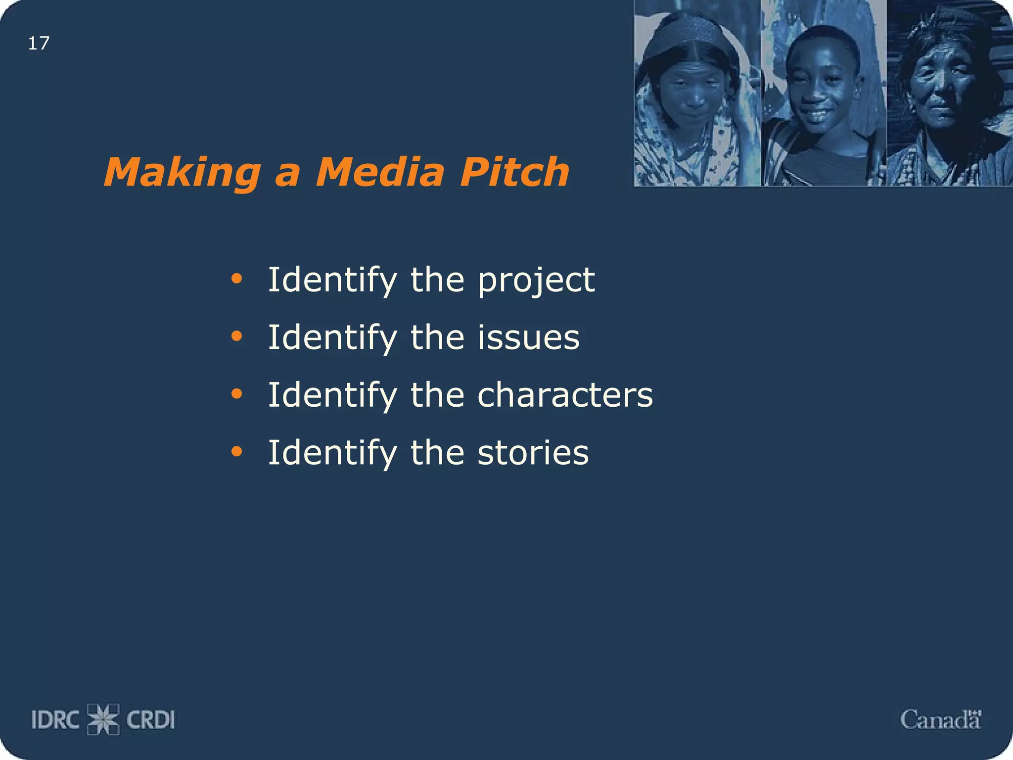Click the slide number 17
coord(39,44)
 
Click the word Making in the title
coord(182,172)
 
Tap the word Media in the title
coord(380,172)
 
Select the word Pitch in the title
coord(514,172)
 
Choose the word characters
coord(565,395)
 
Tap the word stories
coord(533,452)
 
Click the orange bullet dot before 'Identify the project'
coord(237,279)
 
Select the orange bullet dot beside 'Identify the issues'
coord(237,336)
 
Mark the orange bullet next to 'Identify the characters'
coord(237,394)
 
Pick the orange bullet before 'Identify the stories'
coord(237,451)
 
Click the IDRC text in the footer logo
coord(55,720)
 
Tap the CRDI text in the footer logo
coord(151,720)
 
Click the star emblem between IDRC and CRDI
coord(103,719)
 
